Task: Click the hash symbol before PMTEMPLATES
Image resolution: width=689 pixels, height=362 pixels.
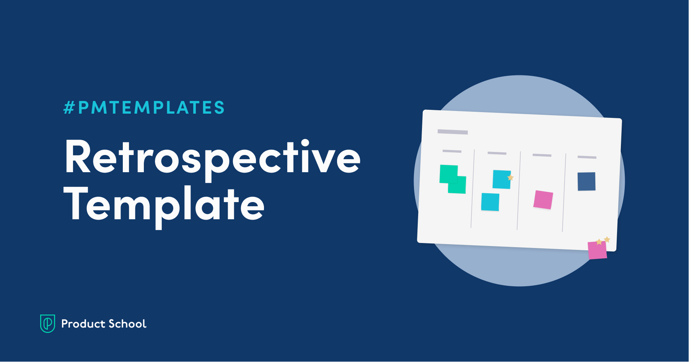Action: pos(69,108)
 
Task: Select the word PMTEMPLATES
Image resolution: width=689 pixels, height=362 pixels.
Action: pos(151,108)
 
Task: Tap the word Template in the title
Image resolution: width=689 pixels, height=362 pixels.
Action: pos(164,206)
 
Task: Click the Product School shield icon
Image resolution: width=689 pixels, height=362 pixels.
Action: pos(48,323)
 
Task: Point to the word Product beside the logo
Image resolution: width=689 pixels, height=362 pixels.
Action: pos(83,324)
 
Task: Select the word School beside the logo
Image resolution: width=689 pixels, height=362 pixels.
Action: pos(127,324)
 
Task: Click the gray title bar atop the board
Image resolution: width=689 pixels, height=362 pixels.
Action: pos(453,132)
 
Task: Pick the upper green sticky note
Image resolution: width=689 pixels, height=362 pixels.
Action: pos(448,173)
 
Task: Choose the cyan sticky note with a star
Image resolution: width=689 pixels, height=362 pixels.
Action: pos(502,179)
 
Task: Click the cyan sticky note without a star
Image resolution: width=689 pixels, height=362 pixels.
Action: pos(490,202)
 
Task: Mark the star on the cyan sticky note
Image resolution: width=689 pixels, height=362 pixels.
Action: pos(510,178)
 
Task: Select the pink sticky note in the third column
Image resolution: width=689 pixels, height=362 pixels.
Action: pos(543,200)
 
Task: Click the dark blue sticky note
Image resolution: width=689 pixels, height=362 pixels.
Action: pos(586,181)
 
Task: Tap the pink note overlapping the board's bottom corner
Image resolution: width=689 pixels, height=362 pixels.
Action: pos(597,250)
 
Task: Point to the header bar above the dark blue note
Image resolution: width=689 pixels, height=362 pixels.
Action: pos(587,157)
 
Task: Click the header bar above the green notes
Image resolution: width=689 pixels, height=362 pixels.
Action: pos(452,151)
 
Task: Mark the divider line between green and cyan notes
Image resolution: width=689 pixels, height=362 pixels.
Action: pos(472,189)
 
